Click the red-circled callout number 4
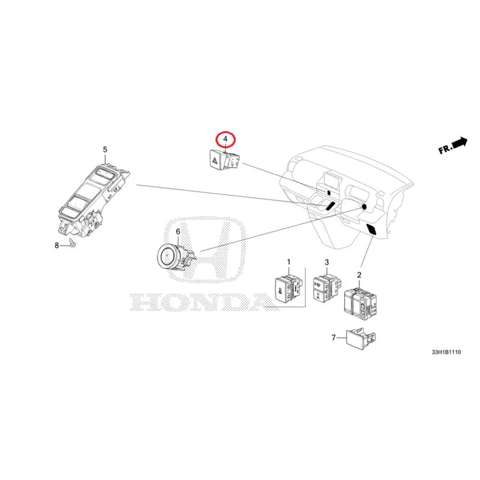(x=226, y=140)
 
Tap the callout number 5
(x=105, y=149)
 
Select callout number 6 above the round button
(x=178, y=232)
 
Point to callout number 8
(x=57, y=245)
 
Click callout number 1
(x=288, y=262)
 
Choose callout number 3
(x=327, y=263)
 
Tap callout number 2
(x=359, y=275)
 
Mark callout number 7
(x=334, y=338)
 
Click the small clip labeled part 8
(x=71, y=244)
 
